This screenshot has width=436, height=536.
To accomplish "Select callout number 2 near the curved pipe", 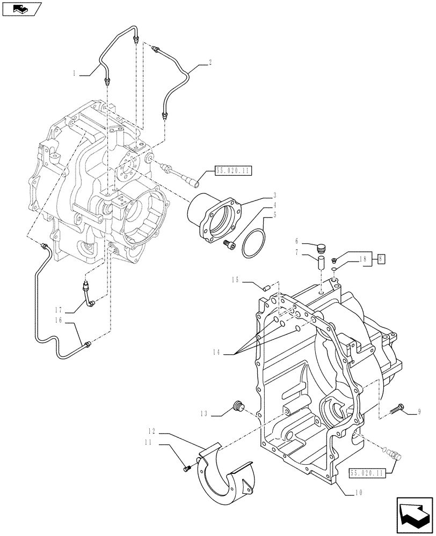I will (x=210, y=63).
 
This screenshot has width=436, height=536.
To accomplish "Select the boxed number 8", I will (x=381, y=259).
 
